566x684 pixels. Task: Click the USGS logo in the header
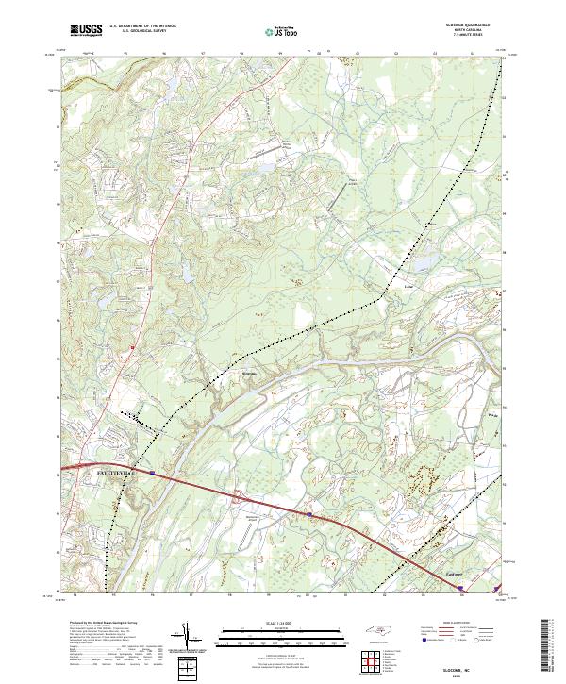(84, 30)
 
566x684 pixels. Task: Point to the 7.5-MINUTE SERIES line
(460, 36)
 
